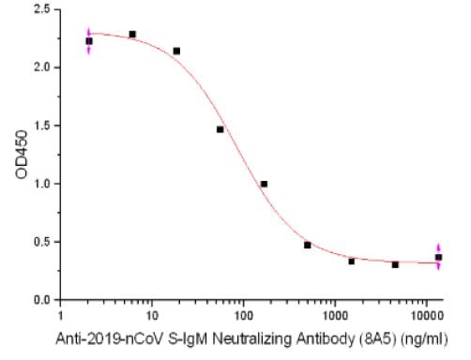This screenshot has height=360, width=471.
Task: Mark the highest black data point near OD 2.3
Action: point(132,34)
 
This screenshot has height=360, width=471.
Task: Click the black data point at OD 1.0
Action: point(264,184)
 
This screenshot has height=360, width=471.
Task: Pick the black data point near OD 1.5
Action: point(220,129)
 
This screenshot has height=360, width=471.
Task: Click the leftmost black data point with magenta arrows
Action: point(89,41)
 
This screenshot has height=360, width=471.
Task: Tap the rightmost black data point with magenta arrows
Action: point(438,257)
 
